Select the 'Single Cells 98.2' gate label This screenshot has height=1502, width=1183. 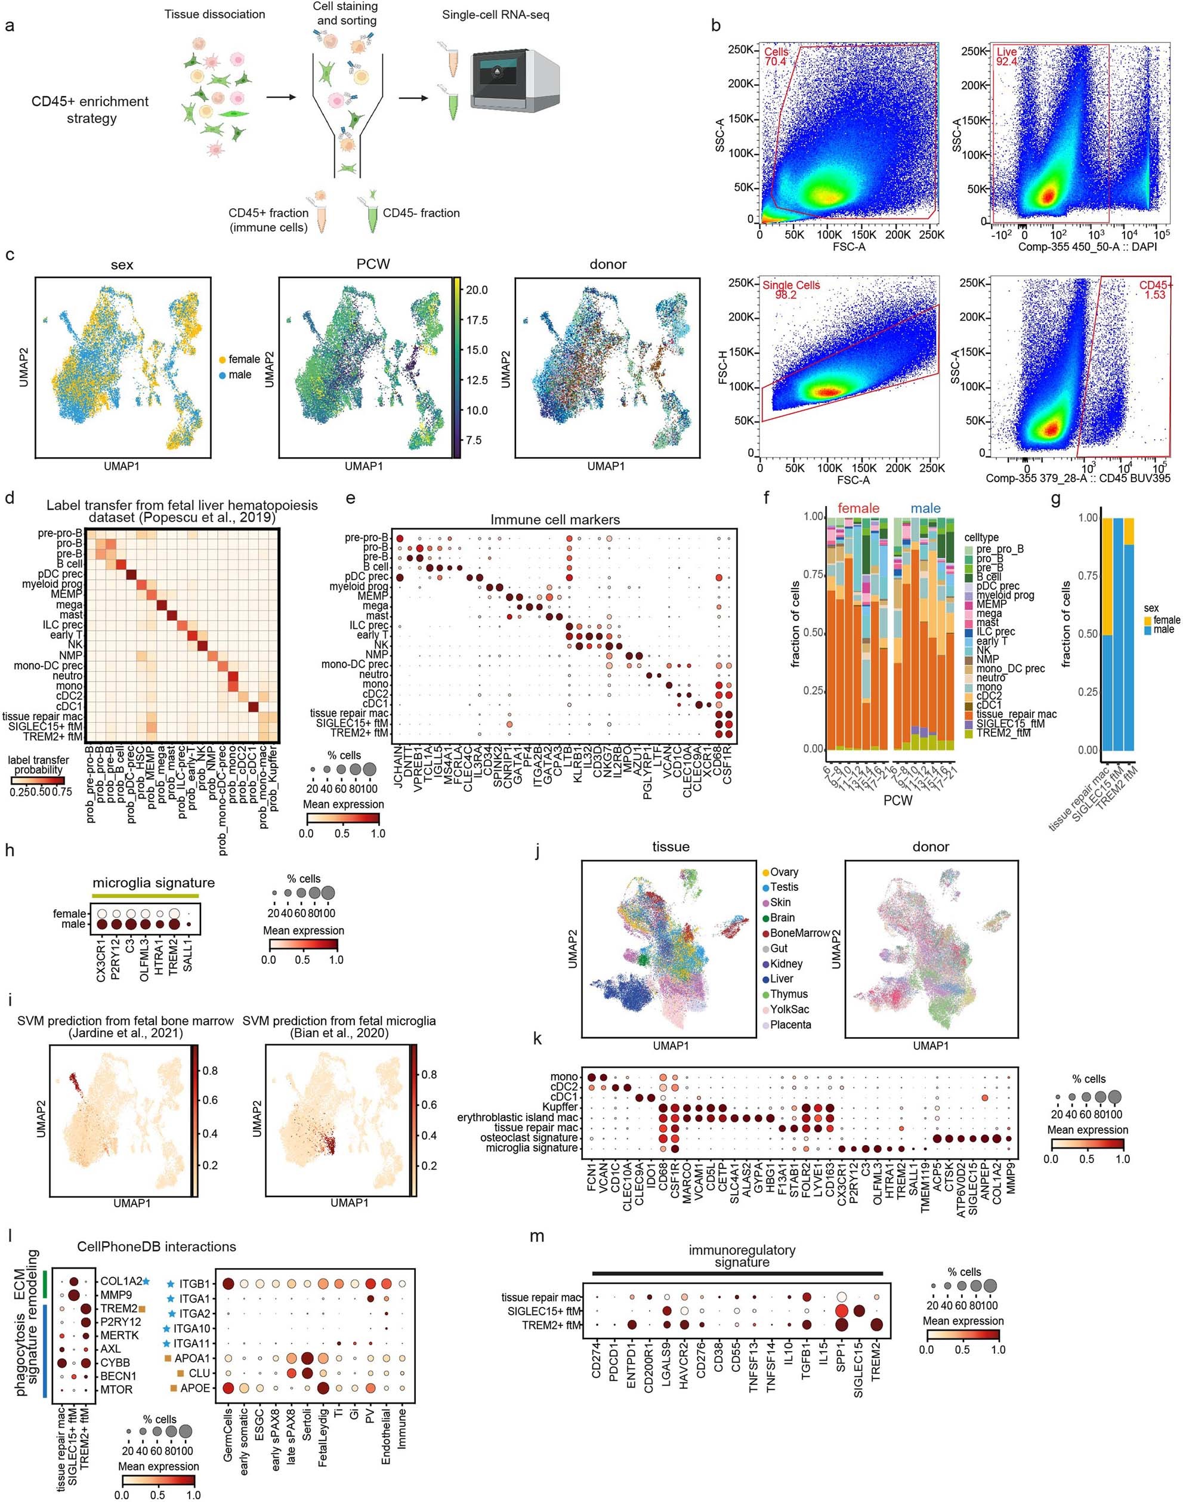[x=790, y=289]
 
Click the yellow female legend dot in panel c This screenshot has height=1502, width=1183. [x=222, y=360]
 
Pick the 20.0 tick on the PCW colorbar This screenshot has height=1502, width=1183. [x=477, y=290]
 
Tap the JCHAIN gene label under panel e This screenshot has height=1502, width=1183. [x=399, y=764]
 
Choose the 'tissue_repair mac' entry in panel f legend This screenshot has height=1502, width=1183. [x=1016, y=714]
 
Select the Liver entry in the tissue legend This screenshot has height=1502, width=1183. [x=782, y=979]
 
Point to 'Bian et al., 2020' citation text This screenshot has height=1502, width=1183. [x=339, y=1034]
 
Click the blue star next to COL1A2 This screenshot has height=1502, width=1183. [x=146, y=1281]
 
